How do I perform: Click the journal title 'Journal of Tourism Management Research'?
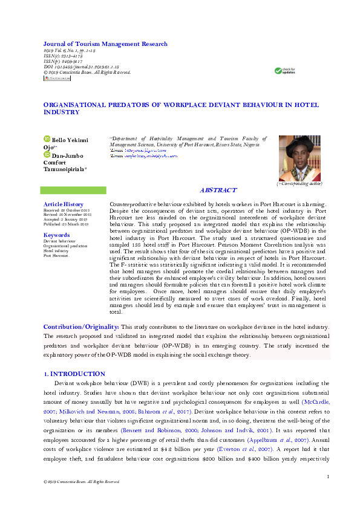point(105,44)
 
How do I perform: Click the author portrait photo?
point(299,158)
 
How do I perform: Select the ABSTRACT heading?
point(218,190)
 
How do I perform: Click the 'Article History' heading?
point(64,204)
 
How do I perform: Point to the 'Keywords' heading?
point(57,235)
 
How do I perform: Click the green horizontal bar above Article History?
point(73,190)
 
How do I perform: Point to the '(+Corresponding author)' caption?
point(299,183)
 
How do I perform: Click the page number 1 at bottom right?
point(327,478)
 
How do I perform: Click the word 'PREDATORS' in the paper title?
point(129,105)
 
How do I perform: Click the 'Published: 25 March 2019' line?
point(66,224)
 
